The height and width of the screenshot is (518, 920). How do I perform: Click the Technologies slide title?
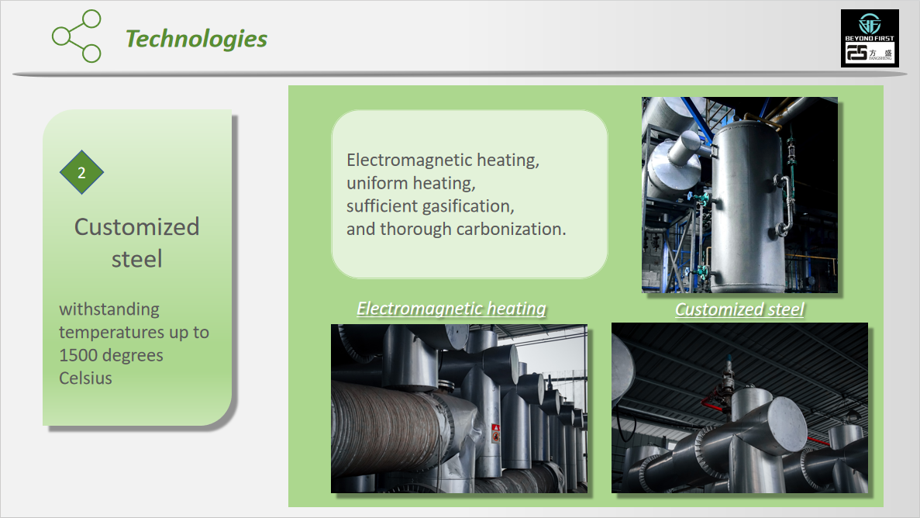pyautogui.click(x=197, y=39)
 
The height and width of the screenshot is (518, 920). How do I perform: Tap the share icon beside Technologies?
pyautogui.click(x=76, y=36)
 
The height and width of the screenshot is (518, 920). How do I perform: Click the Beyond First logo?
pyautogui.click(x=870, y=38)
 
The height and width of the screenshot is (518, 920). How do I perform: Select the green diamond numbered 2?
pyautogui.click(x=81, y=172)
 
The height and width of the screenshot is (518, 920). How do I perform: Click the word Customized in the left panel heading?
pyautogui.click(x=136, y=227)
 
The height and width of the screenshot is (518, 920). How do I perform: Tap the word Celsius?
pyautogui.click(x=86, y=378)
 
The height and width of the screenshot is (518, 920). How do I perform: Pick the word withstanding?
pyautogui.click(x=109, y=309)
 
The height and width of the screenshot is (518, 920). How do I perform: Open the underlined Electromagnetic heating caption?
pyautogui.click(x=451, y=309)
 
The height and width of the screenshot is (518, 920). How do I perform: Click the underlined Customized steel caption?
pyautogui.click(x=739, y=309)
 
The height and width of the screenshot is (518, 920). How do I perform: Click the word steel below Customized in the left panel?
pyautogui.click(x=136, y=259)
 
